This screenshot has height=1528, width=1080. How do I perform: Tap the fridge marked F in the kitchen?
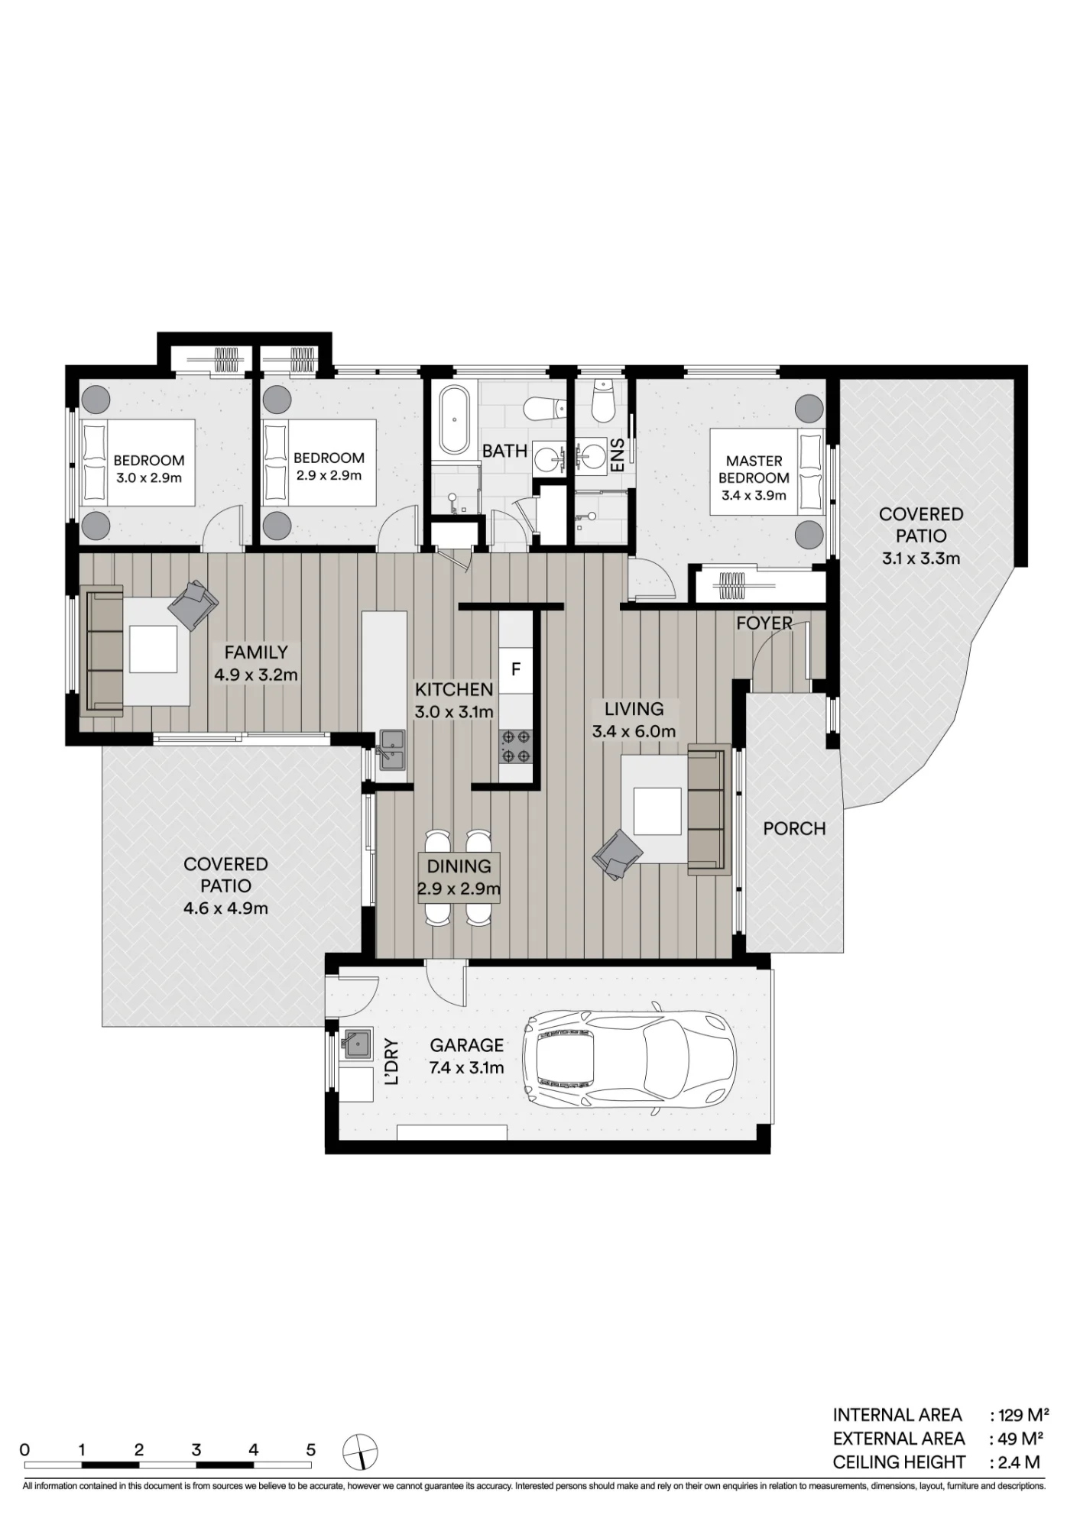(516, 669)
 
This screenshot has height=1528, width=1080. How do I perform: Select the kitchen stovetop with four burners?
(516, 747)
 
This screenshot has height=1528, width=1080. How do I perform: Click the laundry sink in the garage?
(355, 1044)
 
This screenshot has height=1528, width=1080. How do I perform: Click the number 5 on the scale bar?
(311, 1449)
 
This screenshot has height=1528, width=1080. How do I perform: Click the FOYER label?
(764, 623)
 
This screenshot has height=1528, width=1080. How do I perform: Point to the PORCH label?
(794, 828)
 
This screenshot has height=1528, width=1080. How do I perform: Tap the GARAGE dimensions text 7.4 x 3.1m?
(466, 1067)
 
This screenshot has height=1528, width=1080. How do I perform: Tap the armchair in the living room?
(618, 856)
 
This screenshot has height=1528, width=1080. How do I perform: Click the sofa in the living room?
(709, 810)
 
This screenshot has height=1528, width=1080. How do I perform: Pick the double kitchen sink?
(394, 749)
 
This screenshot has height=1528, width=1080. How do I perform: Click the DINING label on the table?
(459, 866)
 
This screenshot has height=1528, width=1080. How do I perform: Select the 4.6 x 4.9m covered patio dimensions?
(225, 908)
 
